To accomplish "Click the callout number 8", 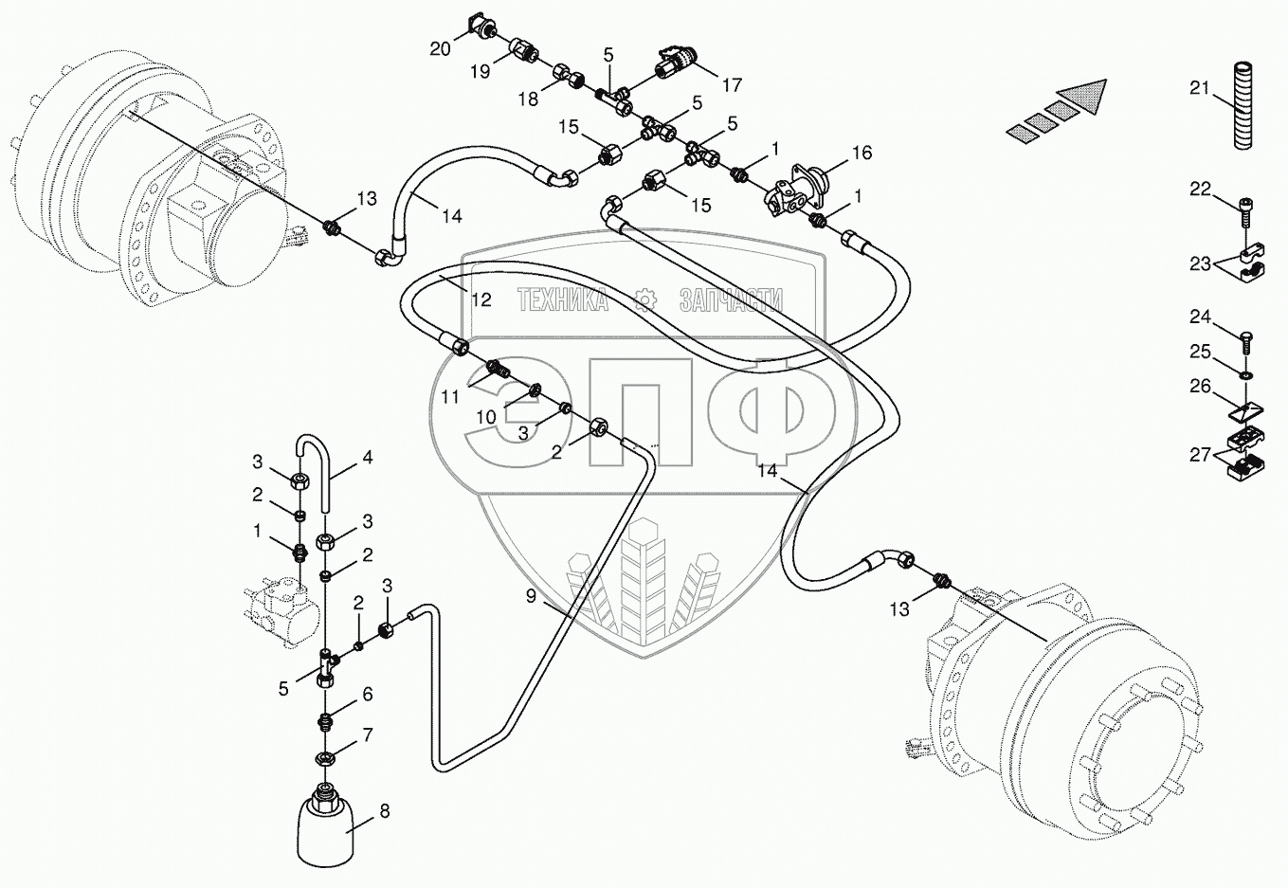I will tap(384, 811).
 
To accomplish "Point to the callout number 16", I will tap(862, 153).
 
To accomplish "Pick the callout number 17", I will tap(732, 84).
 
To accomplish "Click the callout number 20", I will tap(440, 48).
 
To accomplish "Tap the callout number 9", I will tap(531, 596).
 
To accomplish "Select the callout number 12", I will tap(481, 299).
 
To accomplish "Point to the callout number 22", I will tap(1201, 190).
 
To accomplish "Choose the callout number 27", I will tap(1201, 455).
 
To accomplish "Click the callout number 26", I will tap(1201, 386).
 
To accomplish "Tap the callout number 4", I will tap(367, 457).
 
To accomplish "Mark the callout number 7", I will tap(367, 735).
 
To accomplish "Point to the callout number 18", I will tap(528, 99).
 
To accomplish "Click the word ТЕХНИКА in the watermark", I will tap(563, 301).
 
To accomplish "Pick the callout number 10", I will tap(485, 417).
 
